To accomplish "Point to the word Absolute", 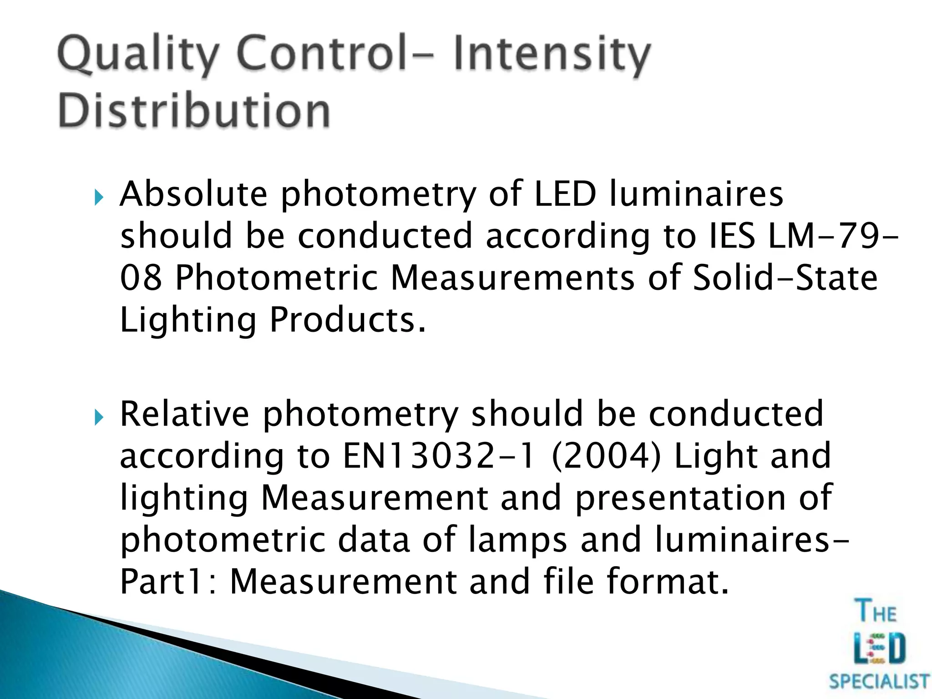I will coord(193,194).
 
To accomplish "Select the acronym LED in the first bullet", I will coord(564,194).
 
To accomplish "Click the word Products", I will coord(348,320).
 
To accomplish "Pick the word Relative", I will coord(184,414).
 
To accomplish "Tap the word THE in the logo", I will coord(876,611).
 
